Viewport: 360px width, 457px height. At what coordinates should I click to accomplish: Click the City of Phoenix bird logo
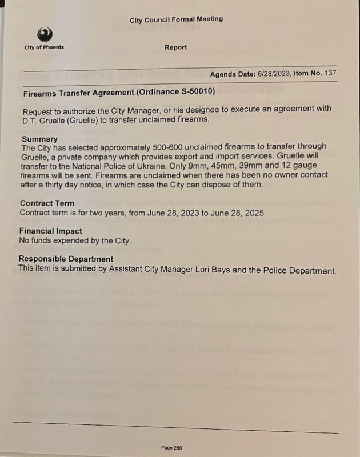(x=44, y=34)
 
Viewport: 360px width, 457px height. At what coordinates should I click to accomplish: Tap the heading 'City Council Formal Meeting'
(x=176, y=19)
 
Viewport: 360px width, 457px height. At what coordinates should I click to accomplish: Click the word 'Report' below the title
(x=175, y=47)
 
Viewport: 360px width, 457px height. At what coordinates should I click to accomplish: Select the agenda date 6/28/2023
(x=273, y=74)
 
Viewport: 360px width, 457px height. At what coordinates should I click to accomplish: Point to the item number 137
(x=330, y=73)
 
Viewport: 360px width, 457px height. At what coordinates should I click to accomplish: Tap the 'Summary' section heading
(x=39, y=139)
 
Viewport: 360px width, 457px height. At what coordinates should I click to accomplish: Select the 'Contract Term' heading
(x=47, y=203)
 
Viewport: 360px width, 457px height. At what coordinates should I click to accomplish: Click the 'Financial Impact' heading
(x=50, y=231)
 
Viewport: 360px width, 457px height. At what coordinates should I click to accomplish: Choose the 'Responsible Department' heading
(x=66, y=259)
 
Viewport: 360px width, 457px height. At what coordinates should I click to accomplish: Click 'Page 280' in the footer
(x=172, y=447)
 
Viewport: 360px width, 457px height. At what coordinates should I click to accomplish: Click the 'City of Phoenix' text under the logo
(x=44, y=47)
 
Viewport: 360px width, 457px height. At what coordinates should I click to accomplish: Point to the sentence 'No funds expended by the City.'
(x=75, y=240)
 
